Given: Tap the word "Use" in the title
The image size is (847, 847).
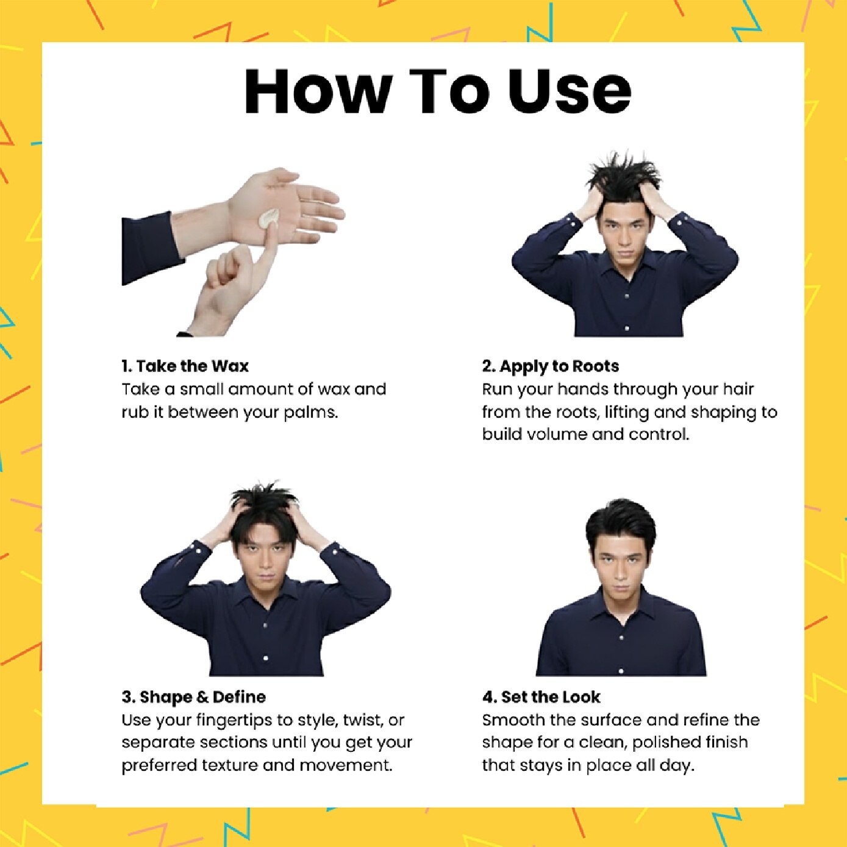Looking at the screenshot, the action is pyautogui.click(x=569, y=91).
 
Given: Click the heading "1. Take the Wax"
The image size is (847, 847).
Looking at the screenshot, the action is pyautogui.click(x=185, y=366).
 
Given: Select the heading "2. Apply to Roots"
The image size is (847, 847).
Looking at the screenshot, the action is pyautogui.click(x=550, y=366).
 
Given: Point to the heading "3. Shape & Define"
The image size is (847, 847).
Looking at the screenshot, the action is pyautogui.click(x=194, y=696).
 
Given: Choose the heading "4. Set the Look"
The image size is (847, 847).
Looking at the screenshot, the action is pyautogui.click(x=541, y=696).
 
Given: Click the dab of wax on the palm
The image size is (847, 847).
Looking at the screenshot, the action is pyautogui.click(x=268, y=218).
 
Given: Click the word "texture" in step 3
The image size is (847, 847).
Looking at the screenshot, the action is pyautogui.click(x=229, y=765).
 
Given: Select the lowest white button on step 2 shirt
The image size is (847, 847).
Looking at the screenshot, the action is pyautogui.click(x=627, y=328).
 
